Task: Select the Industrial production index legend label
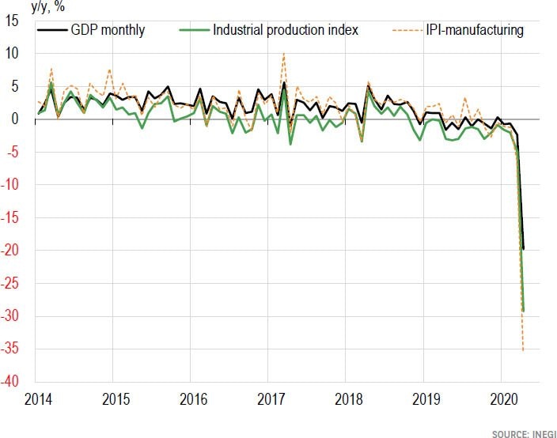[286, 31]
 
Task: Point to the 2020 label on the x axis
[505, 398]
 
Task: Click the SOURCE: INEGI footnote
[519, 433]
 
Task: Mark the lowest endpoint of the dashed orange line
[524, 350]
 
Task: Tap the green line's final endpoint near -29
[524, 311]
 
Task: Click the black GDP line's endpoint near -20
[524, 249]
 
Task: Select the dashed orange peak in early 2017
[283, 53]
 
